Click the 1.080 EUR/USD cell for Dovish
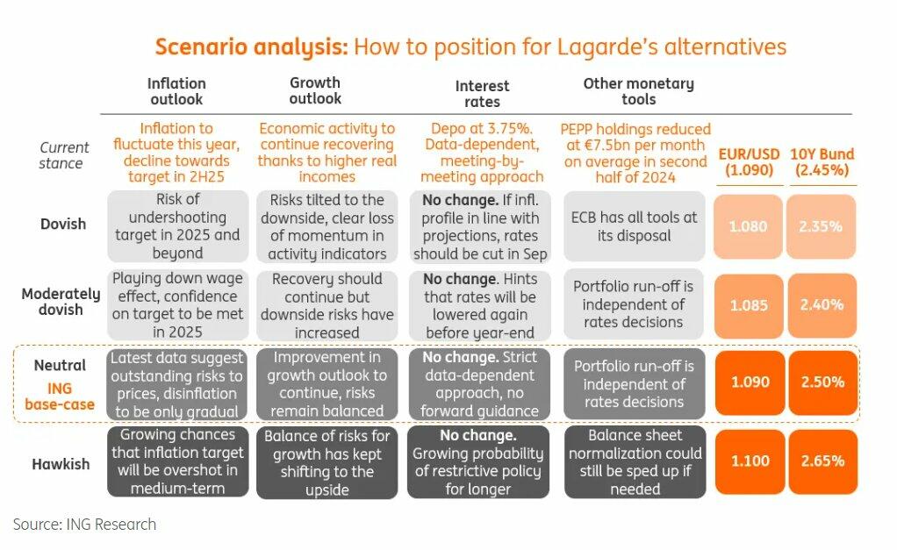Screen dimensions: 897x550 [x=749, y=226]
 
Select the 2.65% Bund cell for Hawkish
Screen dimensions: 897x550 [x=822, y=461]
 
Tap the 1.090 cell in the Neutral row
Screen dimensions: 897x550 [x=750, y=382]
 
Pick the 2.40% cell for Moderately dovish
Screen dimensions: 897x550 [x=822, y=304]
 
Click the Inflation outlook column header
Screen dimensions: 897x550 [x=176, y=91]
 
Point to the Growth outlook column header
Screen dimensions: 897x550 [x=315, y=91]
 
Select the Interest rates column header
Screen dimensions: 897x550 [x=482, y=94]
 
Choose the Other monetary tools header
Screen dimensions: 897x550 [x=638, y=91]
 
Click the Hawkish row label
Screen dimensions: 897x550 [x=61, y=464]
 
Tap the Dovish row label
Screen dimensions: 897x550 [x=63, y=224]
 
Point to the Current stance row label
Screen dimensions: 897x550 [x=63, y=155]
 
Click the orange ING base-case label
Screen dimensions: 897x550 [x=60, y=396]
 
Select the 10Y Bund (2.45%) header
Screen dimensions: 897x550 [x=822, y=161]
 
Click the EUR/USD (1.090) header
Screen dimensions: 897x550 [x=749, y=161]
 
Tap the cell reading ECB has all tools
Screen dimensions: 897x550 [x=634, y=226]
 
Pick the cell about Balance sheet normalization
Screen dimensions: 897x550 [x=635, y=462]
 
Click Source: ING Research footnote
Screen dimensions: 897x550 [x=84, y=525]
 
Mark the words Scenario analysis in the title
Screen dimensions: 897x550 [x=251, y=46]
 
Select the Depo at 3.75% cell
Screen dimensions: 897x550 [x=482, y=152]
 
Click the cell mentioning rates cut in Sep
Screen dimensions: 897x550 [x=480, y=226]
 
